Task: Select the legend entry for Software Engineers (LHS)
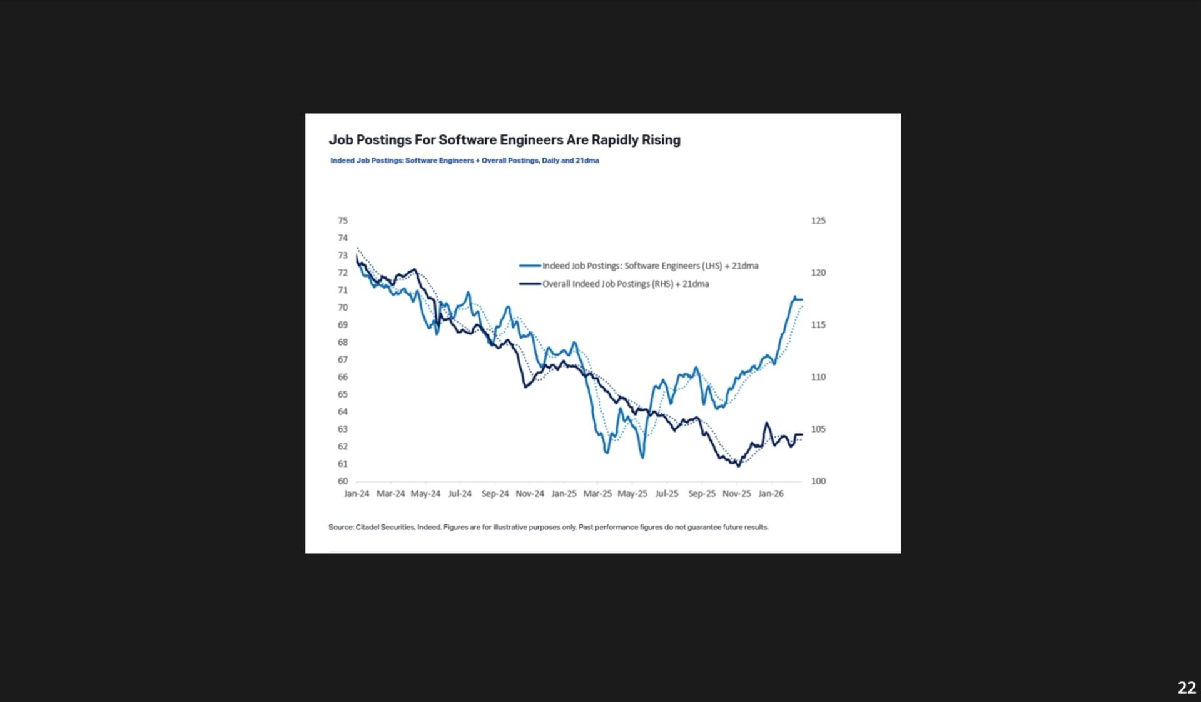(650, 266)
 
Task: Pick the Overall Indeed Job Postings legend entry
(625, 284)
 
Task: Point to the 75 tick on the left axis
(343, 221)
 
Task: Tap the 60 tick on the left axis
(343, 481)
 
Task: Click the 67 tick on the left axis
(343, 359)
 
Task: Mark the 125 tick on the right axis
(818, 221)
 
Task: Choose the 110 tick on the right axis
(818, 377)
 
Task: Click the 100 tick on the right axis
(818, 481)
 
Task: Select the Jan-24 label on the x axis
(357, 494)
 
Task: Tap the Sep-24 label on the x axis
(495, 494)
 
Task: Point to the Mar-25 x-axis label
(597, 494)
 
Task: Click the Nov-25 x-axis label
(736, 494)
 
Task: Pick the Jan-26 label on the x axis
(771, 494)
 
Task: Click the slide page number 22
(1187, 688)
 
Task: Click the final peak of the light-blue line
(795, 297)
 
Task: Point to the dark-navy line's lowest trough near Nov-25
(739, 466)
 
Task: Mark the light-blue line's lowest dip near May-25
(642, 458)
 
